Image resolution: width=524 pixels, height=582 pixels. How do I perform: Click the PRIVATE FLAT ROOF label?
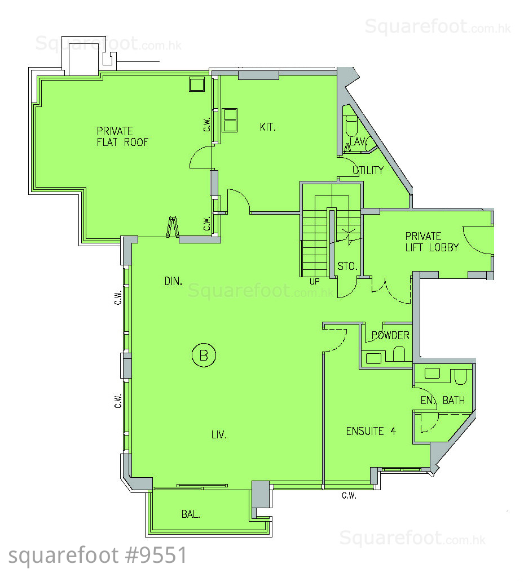(x=122, y=136)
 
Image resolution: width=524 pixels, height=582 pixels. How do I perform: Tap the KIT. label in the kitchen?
(x=267, y=127)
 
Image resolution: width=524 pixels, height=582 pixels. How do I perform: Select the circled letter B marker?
(x=204, y=355)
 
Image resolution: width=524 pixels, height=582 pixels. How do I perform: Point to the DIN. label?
(x=174, y=281)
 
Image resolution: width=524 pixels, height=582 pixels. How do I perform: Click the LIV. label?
(x=219, y=434)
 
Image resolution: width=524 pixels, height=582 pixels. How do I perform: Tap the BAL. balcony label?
(x=191, y=514)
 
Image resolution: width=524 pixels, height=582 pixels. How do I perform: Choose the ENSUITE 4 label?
(x=371, y=431)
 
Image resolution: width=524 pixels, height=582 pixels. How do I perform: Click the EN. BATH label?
(x=443, y=400)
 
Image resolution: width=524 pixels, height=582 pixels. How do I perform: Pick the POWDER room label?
(x=390, y=336)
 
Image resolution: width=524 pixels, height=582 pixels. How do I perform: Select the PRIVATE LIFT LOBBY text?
(x=432, y=242)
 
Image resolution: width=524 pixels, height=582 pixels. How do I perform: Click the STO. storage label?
(x=347, y=266)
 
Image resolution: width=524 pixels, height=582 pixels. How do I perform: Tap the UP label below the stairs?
(x=314, y=282)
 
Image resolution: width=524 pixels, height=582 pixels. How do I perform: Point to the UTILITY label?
(x=368, y=170)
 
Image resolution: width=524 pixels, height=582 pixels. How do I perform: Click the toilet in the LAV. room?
(x=351, y=126)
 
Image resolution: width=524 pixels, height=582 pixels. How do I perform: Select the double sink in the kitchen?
(x=230, y=120)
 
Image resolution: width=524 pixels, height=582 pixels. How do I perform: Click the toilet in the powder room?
(x=399, y=354)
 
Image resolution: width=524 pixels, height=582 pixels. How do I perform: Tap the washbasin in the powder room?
(x=373, y=358)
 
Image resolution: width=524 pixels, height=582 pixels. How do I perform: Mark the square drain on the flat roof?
(x=197, y=85)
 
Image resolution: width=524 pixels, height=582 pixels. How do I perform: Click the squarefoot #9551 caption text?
(x=98, y=556)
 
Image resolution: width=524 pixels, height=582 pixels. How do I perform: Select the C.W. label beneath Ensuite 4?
(x=349, y=495)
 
